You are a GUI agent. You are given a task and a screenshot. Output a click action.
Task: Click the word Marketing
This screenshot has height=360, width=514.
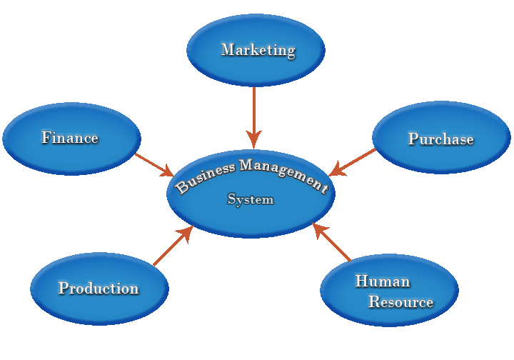258,50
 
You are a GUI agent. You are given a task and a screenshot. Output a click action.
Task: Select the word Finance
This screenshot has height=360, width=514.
69,138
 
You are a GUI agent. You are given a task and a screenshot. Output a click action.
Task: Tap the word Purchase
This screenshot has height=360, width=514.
440,139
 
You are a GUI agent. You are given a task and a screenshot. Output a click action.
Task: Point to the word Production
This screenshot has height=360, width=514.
99,289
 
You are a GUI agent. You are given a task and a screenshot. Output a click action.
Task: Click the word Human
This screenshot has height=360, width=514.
383,281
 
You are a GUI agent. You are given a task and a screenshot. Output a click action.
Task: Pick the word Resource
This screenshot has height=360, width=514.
400,302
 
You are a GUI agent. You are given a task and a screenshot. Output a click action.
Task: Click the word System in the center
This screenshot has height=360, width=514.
251,199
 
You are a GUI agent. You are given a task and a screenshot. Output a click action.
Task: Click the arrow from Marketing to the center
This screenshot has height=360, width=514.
254,111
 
